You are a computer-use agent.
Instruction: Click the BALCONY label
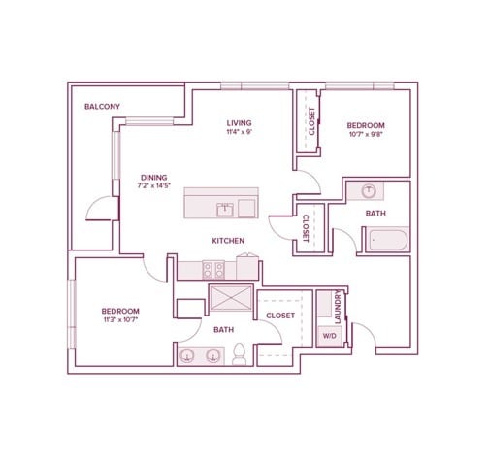tap(102, 107)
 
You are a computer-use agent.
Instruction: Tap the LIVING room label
tap(239, 123)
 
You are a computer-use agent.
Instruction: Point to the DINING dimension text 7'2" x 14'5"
tap(153, 185)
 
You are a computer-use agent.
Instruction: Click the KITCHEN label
tap(228, 241)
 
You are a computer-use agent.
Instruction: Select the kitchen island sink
tap(225, 210)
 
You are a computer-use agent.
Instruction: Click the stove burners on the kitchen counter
tap(213, 270)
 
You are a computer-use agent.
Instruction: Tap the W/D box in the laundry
tap(330, 336)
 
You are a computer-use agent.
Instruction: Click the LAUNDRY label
tap(338, 307)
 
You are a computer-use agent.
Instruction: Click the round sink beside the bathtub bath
tap(368, 191)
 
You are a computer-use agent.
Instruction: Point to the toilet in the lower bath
tap(240, 354)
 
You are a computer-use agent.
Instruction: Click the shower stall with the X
tap(231, 298)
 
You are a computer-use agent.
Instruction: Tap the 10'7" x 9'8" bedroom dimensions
tap(366, 134)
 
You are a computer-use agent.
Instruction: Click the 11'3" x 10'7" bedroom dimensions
tap(120, 320)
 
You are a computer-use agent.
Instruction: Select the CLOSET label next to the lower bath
tap(280, 316)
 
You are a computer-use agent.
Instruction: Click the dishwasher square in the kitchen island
tap(246, 209)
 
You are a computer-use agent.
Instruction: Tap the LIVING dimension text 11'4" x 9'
tap(240, 132)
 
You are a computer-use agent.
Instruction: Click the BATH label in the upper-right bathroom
tap(375, 214)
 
